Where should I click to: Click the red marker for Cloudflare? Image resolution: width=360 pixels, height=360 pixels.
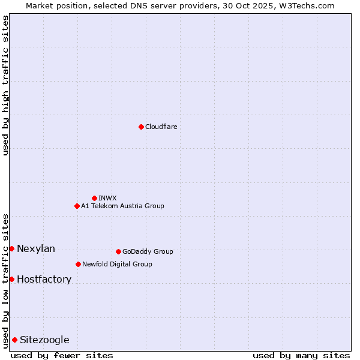[141, 127]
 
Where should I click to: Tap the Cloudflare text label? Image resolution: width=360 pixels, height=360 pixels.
[161, 127]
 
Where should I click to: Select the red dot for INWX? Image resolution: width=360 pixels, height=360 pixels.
[94, 198]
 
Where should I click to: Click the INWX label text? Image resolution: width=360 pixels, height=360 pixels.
[107, 198]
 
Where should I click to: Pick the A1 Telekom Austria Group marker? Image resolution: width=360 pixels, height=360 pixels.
[77, 206]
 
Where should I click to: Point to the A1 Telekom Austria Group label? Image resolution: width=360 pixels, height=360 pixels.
[122, 206]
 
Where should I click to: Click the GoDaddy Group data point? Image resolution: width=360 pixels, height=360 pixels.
[118, 251]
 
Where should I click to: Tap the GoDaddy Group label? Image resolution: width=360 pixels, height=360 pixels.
[148, 251]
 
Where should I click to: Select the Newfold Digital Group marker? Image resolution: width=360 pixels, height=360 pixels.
[78, 264]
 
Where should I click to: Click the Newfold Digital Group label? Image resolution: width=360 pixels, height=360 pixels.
[117, 264]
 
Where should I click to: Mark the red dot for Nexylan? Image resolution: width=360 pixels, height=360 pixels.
[11, 248]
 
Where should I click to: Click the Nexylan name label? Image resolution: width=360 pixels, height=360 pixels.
[36, 249]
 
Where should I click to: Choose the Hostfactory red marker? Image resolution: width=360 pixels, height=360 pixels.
[11, 279]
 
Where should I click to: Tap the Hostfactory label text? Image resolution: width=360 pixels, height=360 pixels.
[44, 280]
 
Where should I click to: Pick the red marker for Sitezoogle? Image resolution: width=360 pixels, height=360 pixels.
[14, 340]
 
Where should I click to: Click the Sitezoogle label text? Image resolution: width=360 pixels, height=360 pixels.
[44, 340]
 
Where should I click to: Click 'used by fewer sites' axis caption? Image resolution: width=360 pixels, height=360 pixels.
[62, 355]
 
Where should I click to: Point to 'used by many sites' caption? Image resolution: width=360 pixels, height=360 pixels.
[301, 355]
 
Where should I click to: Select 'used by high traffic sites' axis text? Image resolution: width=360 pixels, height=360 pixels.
[5, 85]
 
